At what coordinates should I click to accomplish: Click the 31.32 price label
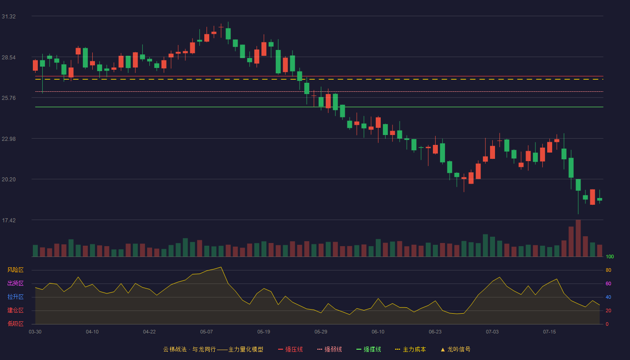tap(9, 17)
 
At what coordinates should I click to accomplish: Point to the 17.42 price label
tap(9, 220)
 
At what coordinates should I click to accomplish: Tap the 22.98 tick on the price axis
tap(9, 139)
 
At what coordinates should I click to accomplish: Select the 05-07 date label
tap(207, 332)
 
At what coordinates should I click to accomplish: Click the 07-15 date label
tap(549, 332)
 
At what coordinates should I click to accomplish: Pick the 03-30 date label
tap(35, 332)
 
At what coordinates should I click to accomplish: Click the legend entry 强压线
tap(290, 349)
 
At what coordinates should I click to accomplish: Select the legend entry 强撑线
tap(369, 349)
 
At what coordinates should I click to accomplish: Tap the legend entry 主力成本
tap(410, 349)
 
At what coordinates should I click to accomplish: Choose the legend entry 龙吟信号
tap(455, 349)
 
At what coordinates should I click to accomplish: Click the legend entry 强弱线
tap(329, 349)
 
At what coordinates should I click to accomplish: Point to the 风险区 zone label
tap(15, 270)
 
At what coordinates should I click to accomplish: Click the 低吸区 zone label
tap(15, 324)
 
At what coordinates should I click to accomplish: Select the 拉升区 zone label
tap(15, 297)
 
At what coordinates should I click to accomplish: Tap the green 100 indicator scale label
tap(610, 256)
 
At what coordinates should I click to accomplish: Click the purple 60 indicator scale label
tap(608, 283)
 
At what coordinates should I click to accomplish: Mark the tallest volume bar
tap(578, 238)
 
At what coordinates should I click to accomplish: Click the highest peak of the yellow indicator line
tap(221, 267)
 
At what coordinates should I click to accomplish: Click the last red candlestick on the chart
tap(592, 197)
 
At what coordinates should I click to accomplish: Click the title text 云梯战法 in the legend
tap(175, 349)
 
